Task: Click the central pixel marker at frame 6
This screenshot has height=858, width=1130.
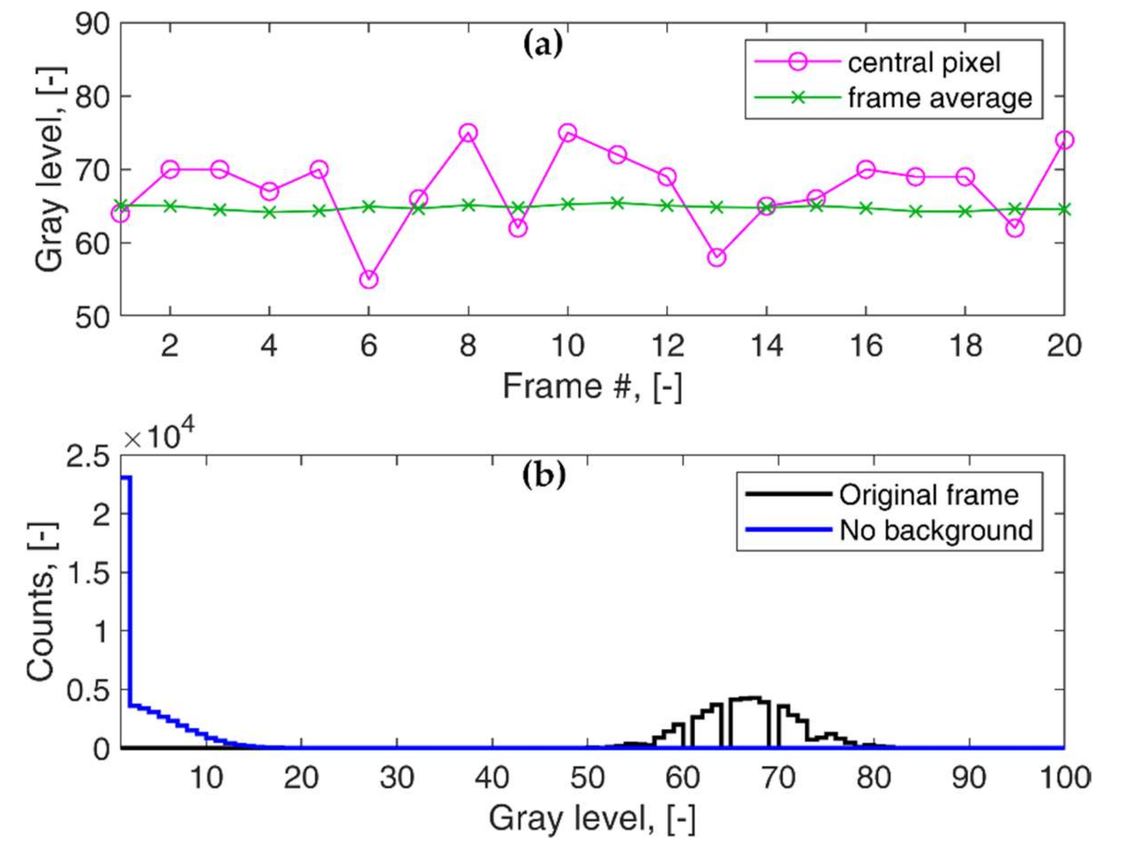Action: (369, 279)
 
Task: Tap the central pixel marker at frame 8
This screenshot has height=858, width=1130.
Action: (468, 133)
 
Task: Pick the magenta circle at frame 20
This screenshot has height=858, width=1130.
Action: (1065, 140)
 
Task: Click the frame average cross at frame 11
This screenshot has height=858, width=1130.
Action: (617, 203)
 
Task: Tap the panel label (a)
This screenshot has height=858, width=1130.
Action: (543, 45)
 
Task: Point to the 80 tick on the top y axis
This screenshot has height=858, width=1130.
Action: (92, 96)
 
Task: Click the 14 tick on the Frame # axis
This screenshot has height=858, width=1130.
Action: (766, 345)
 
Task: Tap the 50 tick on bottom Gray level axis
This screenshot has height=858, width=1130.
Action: (587, 778)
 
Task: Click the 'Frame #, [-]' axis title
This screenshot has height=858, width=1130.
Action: (593, 386)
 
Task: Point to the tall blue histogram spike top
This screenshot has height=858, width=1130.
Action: (126, 477)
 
